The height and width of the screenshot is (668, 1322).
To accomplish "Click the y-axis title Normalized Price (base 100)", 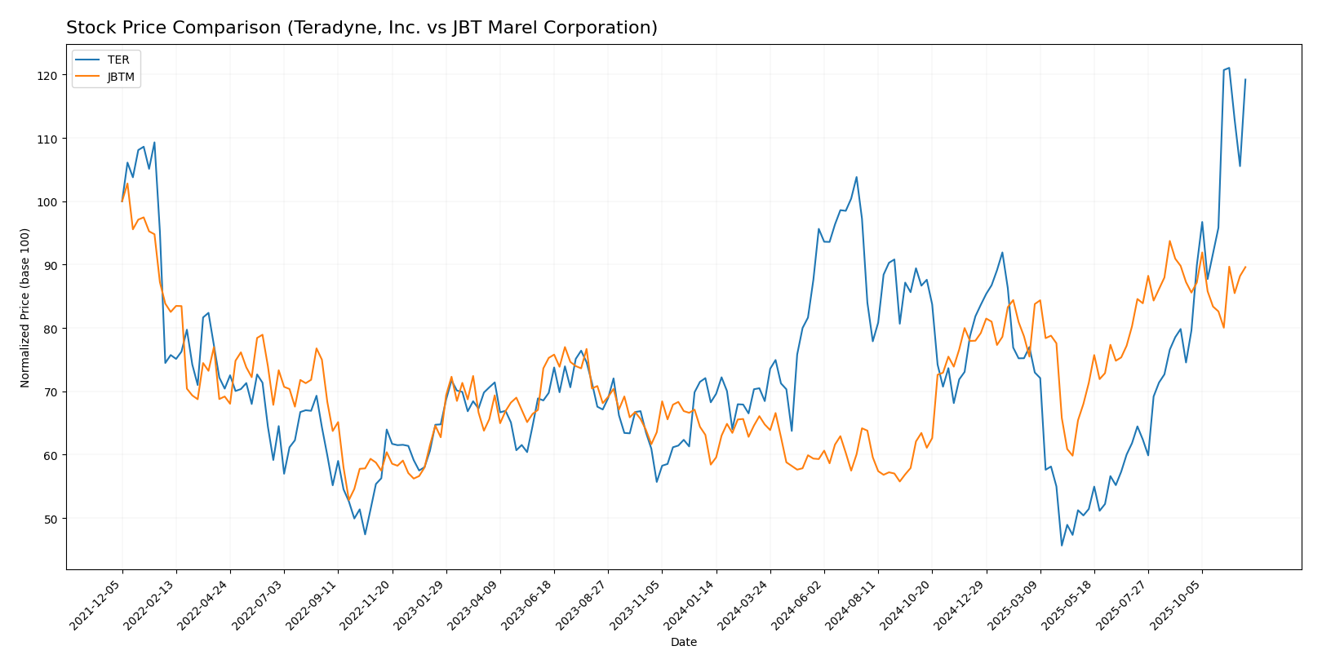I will [25, 307].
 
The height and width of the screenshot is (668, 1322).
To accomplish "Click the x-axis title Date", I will [684, 643].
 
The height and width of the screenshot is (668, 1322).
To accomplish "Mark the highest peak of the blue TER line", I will [1229, 69].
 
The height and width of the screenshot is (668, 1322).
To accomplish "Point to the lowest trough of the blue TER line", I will [1062, 546].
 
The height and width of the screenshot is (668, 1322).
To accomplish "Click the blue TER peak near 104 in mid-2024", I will [856, 177].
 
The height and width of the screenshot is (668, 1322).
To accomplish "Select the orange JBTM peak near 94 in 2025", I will [1169, 241].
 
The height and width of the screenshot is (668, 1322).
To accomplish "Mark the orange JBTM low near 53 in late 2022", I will [348, 500].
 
